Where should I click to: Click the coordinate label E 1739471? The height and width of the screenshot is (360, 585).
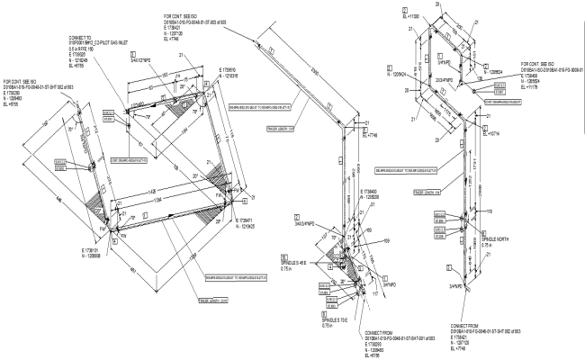[x=246, y=218]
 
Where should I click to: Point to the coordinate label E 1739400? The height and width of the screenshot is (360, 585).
[x=373, y=191]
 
